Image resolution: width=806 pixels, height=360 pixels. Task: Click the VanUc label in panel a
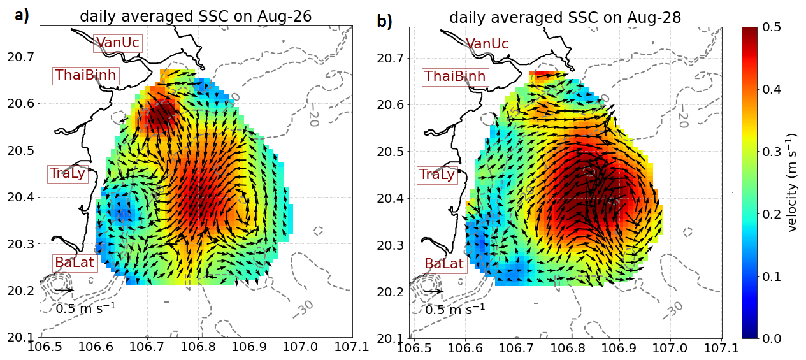[117, 43]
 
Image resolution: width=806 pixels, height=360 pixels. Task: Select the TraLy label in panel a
[67, 173]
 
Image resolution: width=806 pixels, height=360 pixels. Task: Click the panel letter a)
[22, 17]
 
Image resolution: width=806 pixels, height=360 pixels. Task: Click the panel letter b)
[384, 22]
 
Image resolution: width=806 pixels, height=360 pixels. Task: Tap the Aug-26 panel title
[196, 17]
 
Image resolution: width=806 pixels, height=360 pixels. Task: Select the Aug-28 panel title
[565, 18]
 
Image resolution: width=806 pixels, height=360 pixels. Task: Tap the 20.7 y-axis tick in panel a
[20, 57]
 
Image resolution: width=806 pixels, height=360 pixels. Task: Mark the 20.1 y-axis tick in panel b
[390, 338]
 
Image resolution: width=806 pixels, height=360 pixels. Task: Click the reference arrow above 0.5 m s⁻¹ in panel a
[64, 291]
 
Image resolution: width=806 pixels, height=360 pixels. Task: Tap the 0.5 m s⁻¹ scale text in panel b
[455, 310]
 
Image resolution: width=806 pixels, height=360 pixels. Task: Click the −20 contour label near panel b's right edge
[682, 115]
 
